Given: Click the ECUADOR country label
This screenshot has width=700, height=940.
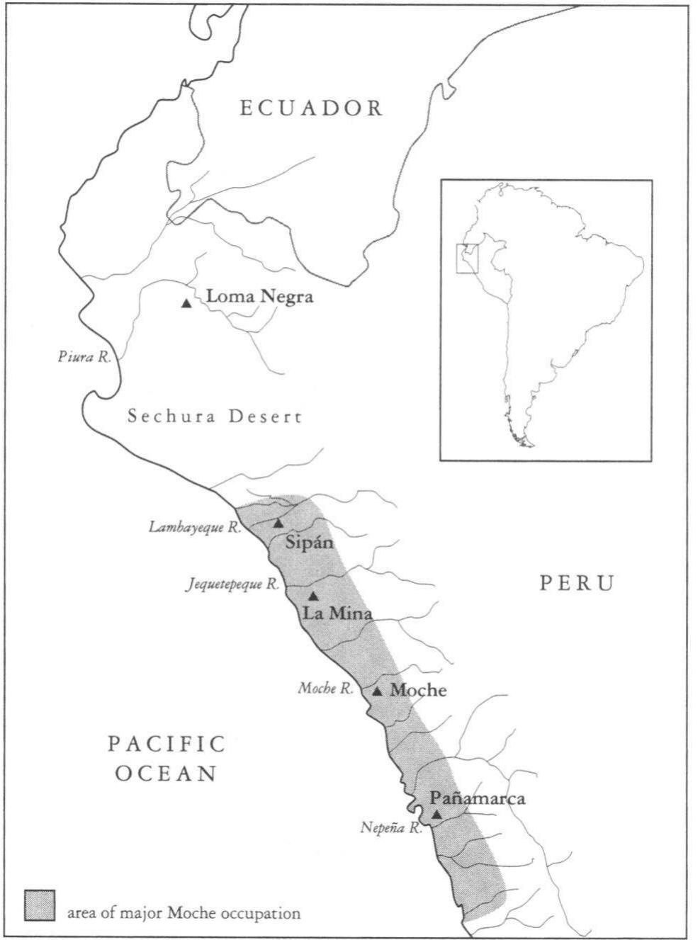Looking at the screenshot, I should pos(312,108).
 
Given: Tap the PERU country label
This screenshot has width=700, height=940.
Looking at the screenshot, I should pos(577,583).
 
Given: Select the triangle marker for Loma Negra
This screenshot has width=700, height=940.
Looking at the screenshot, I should pos(186,303).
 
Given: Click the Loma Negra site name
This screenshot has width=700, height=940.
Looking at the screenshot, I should pos(259,297).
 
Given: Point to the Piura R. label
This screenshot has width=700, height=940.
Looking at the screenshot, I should pos(84,357).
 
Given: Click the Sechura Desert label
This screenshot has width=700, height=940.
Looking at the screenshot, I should pos(215,417).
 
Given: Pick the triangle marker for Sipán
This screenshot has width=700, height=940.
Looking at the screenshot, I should pos(278,523).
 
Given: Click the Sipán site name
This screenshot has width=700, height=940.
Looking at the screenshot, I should pos(309,543).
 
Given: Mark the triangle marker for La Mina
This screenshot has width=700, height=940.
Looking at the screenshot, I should pos(313,596).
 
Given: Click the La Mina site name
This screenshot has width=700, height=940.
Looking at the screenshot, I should pos(337,613).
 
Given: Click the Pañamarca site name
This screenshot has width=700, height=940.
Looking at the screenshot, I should pos(478,798).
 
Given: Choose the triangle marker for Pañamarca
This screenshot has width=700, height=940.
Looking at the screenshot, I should pos(437,815).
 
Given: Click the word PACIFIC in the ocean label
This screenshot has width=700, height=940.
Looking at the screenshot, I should pos(167,744).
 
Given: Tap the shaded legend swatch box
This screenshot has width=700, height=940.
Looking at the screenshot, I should pos(40,905).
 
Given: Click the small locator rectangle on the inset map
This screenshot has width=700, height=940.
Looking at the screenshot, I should pos(468,259).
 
